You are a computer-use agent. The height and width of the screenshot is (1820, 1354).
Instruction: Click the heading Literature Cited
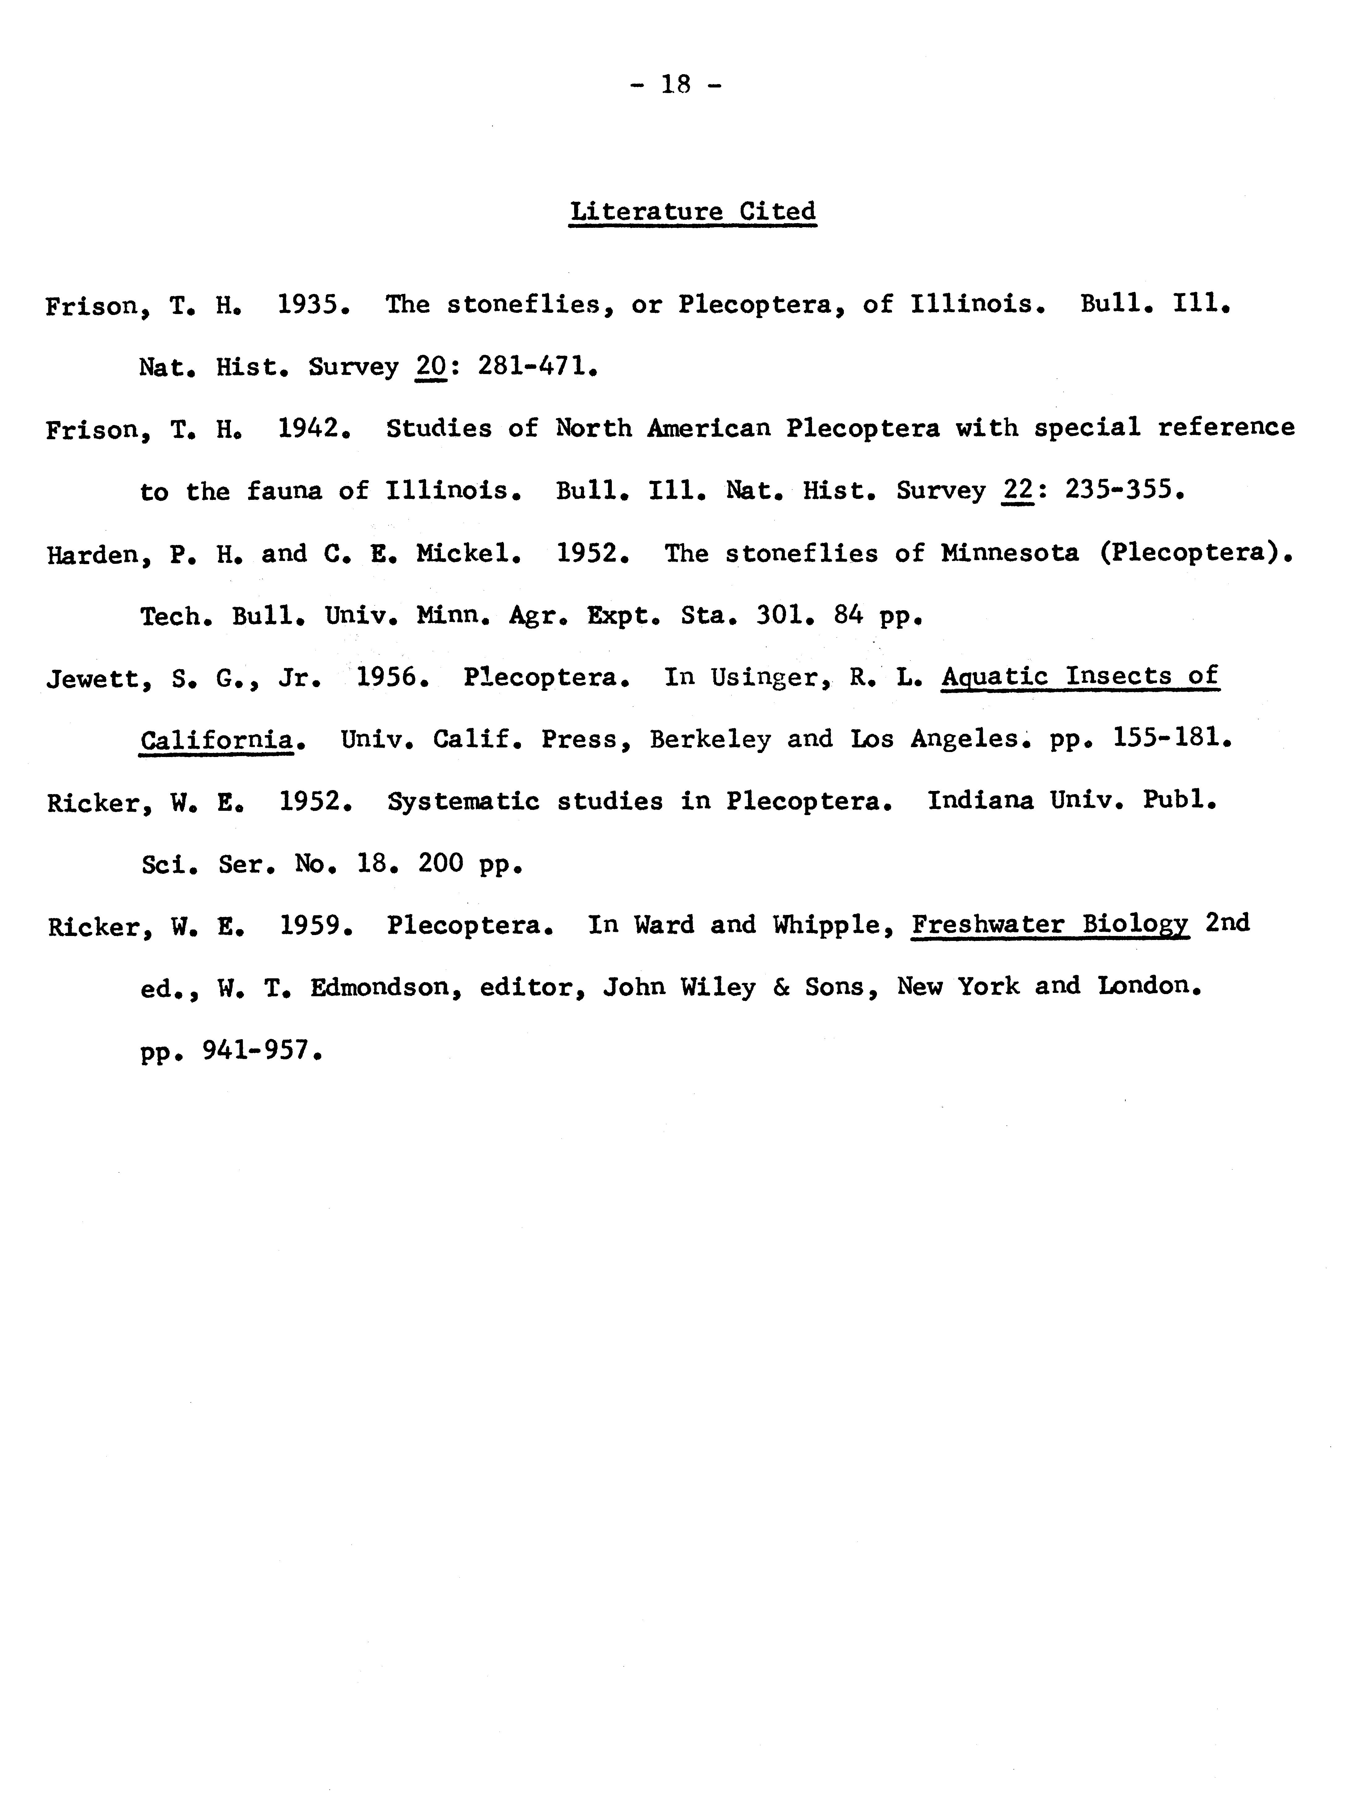(x=692, y=211)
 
